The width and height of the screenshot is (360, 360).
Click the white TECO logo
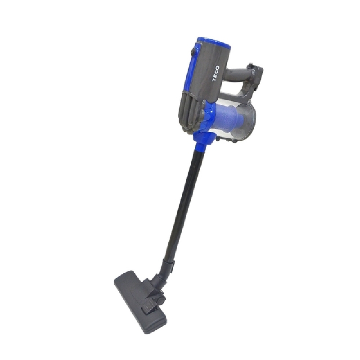coord(216,73)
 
